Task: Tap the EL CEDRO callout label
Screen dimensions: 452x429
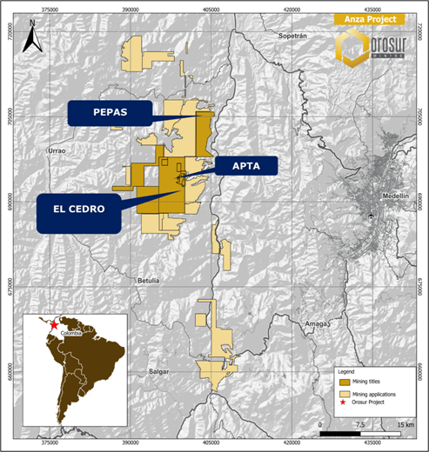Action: [78, 209]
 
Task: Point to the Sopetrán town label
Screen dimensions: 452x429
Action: [293, 37]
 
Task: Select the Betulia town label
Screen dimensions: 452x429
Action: [149, 281]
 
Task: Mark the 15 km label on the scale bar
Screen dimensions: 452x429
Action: [406, 423]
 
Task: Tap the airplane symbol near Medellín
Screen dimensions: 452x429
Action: [372, 213]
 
